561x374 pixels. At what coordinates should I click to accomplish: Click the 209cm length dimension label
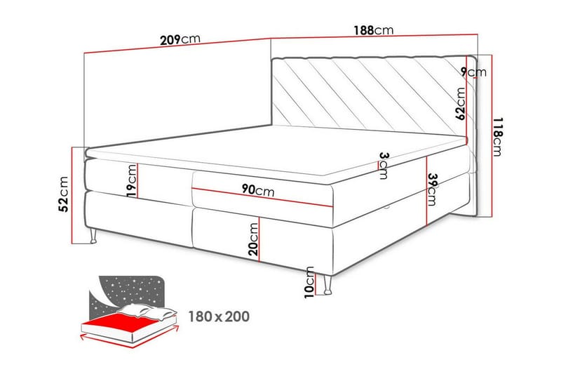click(x=180, y=39)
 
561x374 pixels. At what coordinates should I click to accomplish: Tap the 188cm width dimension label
click(x=374, y=30)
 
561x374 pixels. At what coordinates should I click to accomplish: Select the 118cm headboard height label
click(x=497, y=136)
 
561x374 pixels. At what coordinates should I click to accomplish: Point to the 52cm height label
click(x=63, y=194)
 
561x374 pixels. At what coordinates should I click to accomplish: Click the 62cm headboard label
click(x=460, y=104)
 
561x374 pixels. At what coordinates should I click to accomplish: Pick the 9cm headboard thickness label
click(x=473, y=72)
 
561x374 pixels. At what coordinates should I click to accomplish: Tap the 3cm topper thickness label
click(x=384, y=166)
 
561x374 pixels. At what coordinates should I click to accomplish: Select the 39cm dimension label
click(x=432, y=189)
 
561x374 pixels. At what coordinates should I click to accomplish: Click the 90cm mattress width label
click(x=258, y=189)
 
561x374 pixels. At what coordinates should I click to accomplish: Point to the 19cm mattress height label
click(x=132, y=181)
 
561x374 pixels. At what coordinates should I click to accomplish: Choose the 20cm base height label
click(x=253, y=239)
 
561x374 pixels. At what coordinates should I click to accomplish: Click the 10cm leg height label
click(x=309, y=282)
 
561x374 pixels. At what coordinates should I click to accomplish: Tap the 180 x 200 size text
click(x=219, y=316)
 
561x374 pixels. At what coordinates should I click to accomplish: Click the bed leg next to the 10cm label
click(x=327, y=285)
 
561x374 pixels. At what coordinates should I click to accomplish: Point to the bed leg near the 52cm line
click(x=93, y=236)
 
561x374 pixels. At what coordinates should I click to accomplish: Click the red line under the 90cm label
click(x=262, y=197)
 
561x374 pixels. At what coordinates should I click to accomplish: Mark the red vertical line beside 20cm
click(x=259, y=239)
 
